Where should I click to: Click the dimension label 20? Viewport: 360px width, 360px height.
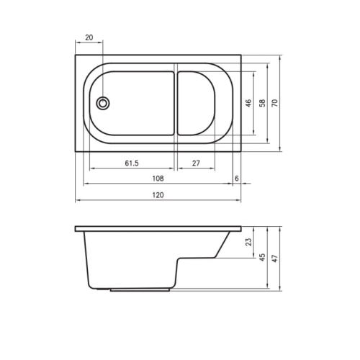[x=89, y=37]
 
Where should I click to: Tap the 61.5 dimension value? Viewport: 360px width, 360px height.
[x=132, y=163]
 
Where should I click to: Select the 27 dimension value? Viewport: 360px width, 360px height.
[x=196, y=163]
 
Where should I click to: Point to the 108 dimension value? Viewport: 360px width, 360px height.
[x=158, y=179]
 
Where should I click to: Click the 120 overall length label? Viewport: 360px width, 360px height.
[x=158, y=194]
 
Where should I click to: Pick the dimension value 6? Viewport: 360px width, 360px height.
[x=237, y=179]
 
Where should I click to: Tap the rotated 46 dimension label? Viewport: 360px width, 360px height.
[x=248, y=103]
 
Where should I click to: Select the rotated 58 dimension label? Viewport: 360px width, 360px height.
[x=263, y=103]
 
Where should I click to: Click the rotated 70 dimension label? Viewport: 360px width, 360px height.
[x=275, y=103]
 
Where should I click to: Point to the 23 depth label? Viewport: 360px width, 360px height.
[x=249, y=242]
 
